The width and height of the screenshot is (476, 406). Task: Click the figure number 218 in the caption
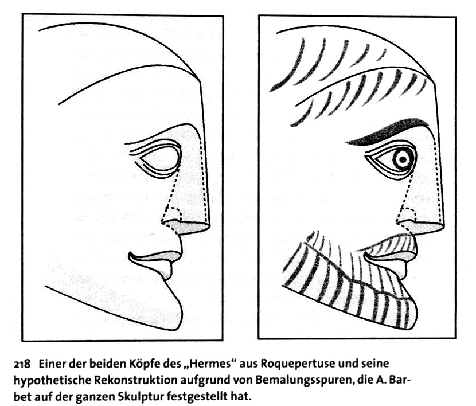(22, 364)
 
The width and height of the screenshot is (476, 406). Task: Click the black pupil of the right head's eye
(403, 159)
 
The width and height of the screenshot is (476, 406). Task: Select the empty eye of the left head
(160, 158)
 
